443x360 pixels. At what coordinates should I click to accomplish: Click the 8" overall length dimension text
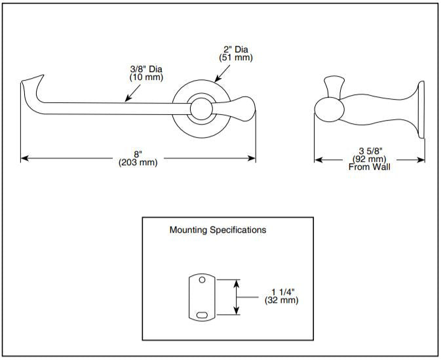[138, 154]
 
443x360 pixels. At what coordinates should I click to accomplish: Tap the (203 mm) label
[138, 163]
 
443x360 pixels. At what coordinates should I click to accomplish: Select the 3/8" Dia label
[145, 68]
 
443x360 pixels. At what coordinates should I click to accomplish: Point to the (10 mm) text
[145, 77]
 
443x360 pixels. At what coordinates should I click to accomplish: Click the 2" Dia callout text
[235, 49]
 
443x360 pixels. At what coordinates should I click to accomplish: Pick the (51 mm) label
[235, 58]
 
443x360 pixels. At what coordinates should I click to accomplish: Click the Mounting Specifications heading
[218, 230]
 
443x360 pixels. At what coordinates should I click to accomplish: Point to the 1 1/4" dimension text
[282, 291]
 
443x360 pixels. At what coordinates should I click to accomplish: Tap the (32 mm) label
[282, 300]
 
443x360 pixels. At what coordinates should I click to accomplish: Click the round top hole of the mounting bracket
[202, 281]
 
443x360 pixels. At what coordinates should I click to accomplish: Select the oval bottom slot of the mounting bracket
[202, 315]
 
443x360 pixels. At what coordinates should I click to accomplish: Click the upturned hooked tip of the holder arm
[29, 85]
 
